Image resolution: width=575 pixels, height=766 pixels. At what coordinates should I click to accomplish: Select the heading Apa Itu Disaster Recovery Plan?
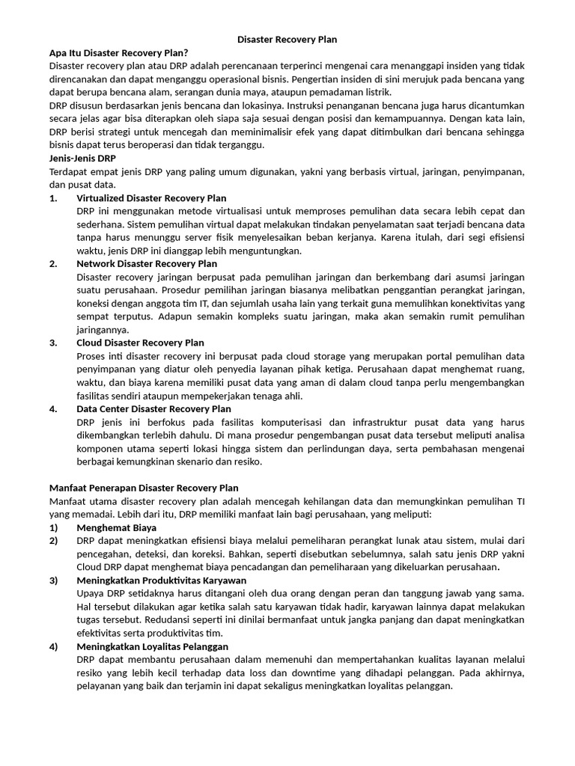click(118, 52)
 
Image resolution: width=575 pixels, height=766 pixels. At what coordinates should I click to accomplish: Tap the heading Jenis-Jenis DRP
click(82, 159)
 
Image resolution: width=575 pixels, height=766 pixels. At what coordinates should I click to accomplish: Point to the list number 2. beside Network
click(53, 263)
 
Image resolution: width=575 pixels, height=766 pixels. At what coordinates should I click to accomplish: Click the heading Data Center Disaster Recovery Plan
click(153, 409)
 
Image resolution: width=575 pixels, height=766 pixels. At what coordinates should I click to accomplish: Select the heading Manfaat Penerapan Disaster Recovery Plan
click(144, 488)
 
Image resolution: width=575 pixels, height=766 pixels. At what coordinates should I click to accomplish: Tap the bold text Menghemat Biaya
click(116, 527)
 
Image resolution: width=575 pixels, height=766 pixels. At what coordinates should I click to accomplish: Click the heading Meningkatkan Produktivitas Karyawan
click(161, 580)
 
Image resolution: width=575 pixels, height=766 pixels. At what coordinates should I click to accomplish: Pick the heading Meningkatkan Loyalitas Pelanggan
click(152, 646)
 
